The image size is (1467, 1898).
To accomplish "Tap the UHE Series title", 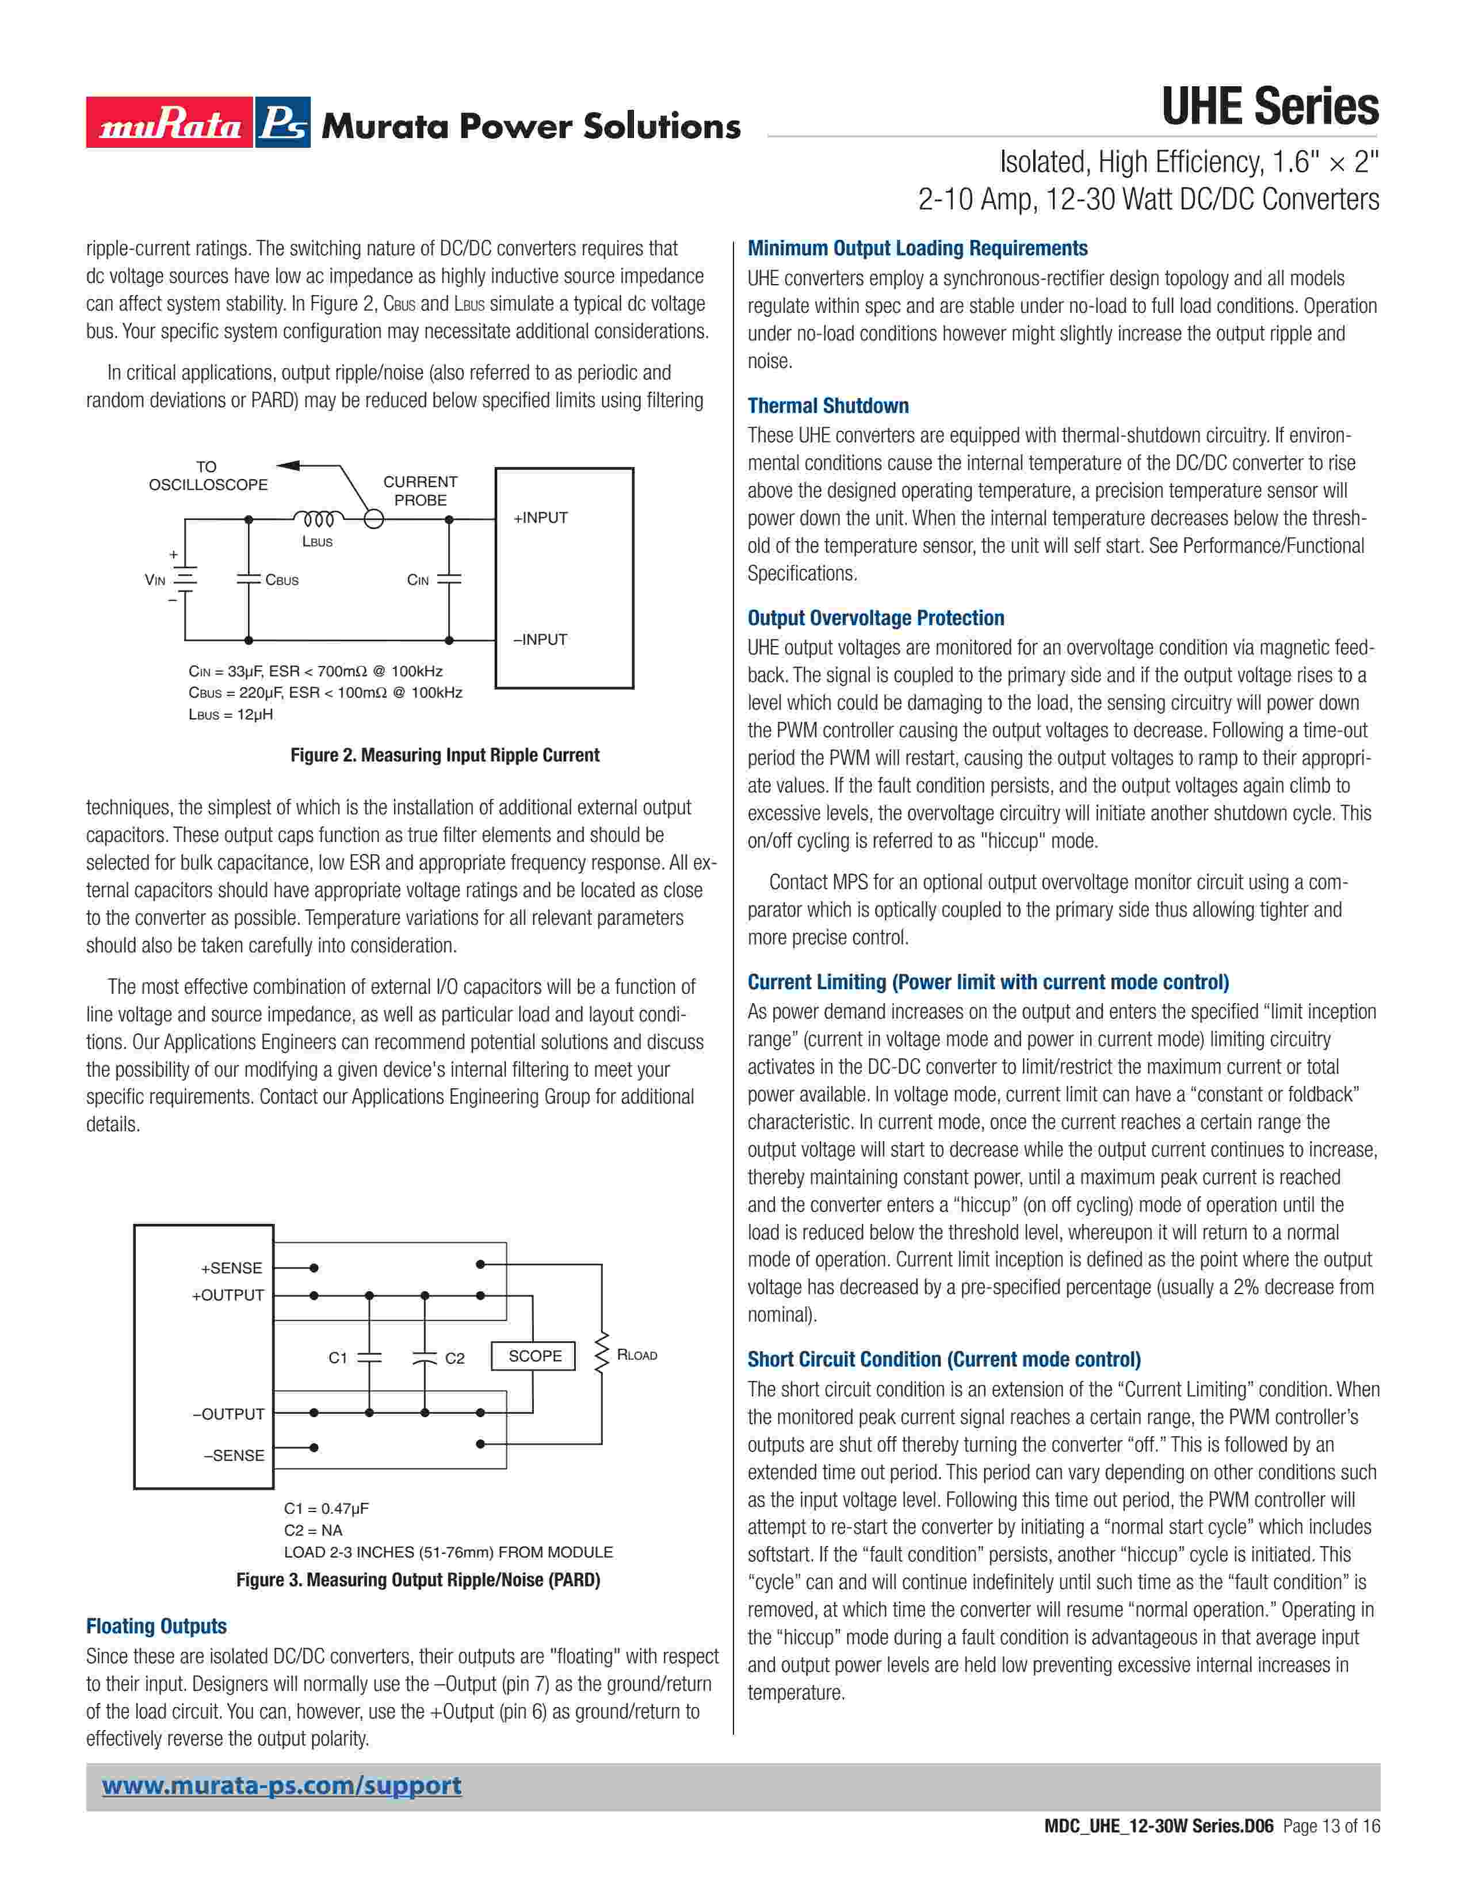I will click(x=1269, y=107).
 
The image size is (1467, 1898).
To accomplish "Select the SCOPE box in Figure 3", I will click(x=534, y=1356).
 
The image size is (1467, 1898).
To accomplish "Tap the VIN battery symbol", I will click(x=184, y=579).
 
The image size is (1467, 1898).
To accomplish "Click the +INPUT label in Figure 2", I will click(x=541, y=518).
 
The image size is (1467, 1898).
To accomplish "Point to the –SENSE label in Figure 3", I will click(x=234, y=1455).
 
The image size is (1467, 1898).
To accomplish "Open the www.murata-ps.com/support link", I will click(x=281, y=1785).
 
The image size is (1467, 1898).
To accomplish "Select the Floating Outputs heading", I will click(x=156, y=1626).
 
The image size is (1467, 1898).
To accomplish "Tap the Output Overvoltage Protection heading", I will click(x=875, y=618).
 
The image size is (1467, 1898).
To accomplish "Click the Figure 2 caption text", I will click(x=444, y=755).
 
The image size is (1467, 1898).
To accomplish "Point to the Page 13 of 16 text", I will click(x=1331, y=1826).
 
